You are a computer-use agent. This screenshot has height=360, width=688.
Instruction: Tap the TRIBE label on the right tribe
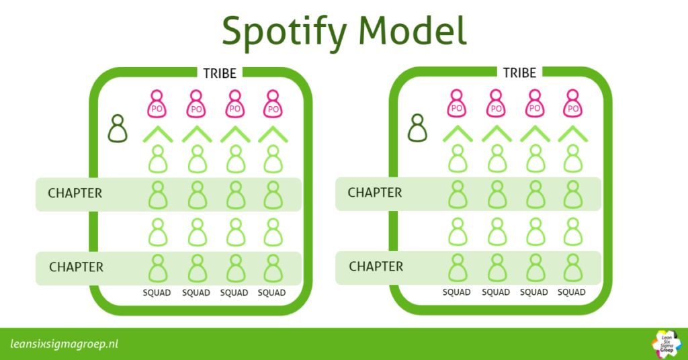coord(519,73)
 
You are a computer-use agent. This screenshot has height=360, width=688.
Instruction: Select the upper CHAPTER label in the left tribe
coord(75,193)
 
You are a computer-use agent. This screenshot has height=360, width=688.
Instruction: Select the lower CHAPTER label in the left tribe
coord(76,267)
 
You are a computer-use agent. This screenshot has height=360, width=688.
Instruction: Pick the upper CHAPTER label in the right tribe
coord(375,193)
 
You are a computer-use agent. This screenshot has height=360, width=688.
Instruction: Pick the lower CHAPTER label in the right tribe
coord(376,267)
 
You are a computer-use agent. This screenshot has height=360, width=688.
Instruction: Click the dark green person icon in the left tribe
coord(118,128)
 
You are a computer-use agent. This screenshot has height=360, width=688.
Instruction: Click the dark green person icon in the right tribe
coord(418,128)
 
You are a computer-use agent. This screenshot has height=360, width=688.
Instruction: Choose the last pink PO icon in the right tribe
coord(573,104)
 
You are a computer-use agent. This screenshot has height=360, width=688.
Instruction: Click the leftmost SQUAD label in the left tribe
coord(158,293)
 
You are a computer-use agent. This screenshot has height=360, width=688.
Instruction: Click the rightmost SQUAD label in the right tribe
coord(572,292)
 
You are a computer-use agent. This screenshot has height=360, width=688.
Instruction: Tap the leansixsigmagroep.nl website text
coord(64,344)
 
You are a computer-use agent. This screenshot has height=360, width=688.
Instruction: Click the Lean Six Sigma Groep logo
coord(666,342)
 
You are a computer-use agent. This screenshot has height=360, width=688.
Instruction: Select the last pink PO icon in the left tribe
coord(273,104)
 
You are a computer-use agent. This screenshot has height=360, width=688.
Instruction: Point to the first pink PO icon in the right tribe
coord(457,104)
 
